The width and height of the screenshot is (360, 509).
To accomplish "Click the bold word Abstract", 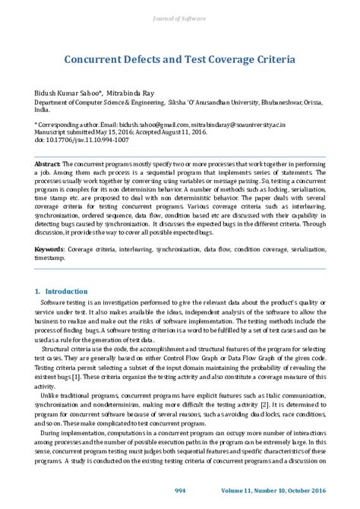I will [47, 163].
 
